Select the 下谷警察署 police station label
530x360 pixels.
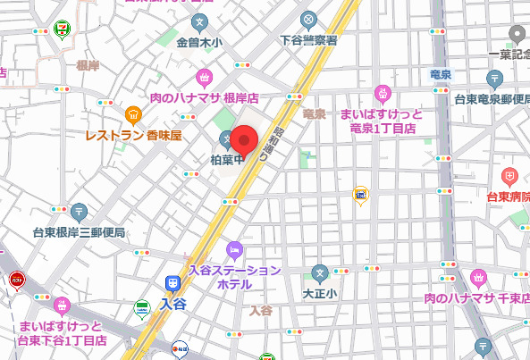(x=308, y=40)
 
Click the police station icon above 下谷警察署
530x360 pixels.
(x=308, y=19)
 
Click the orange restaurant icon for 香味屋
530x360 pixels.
(x=133, y=113)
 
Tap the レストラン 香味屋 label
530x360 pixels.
(x=133, y=136)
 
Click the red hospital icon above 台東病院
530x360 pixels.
(x=509, y=175)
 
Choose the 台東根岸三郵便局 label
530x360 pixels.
(x=79, y=232)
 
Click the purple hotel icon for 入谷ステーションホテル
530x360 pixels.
(x=235, y=247)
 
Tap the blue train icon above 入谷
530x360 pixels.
(x=172, y=283)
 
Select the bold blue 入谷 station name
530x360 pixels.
(x=172, y=304)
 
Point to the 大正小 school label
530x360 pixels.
(x=319, y=292)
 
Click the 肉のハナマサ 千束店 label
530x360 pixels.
(x=476, y=297)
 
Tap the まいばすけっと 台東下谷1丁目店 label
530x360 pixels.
(x=62, y=332)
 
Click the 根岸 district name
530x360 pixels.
(x=88, y=65)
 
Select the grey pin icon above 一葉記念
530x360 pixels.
(x=517, y=34)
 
